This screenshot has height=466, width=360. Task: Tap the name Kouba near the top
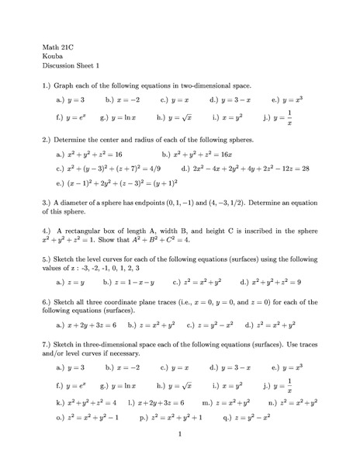[x=52, y=57]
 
